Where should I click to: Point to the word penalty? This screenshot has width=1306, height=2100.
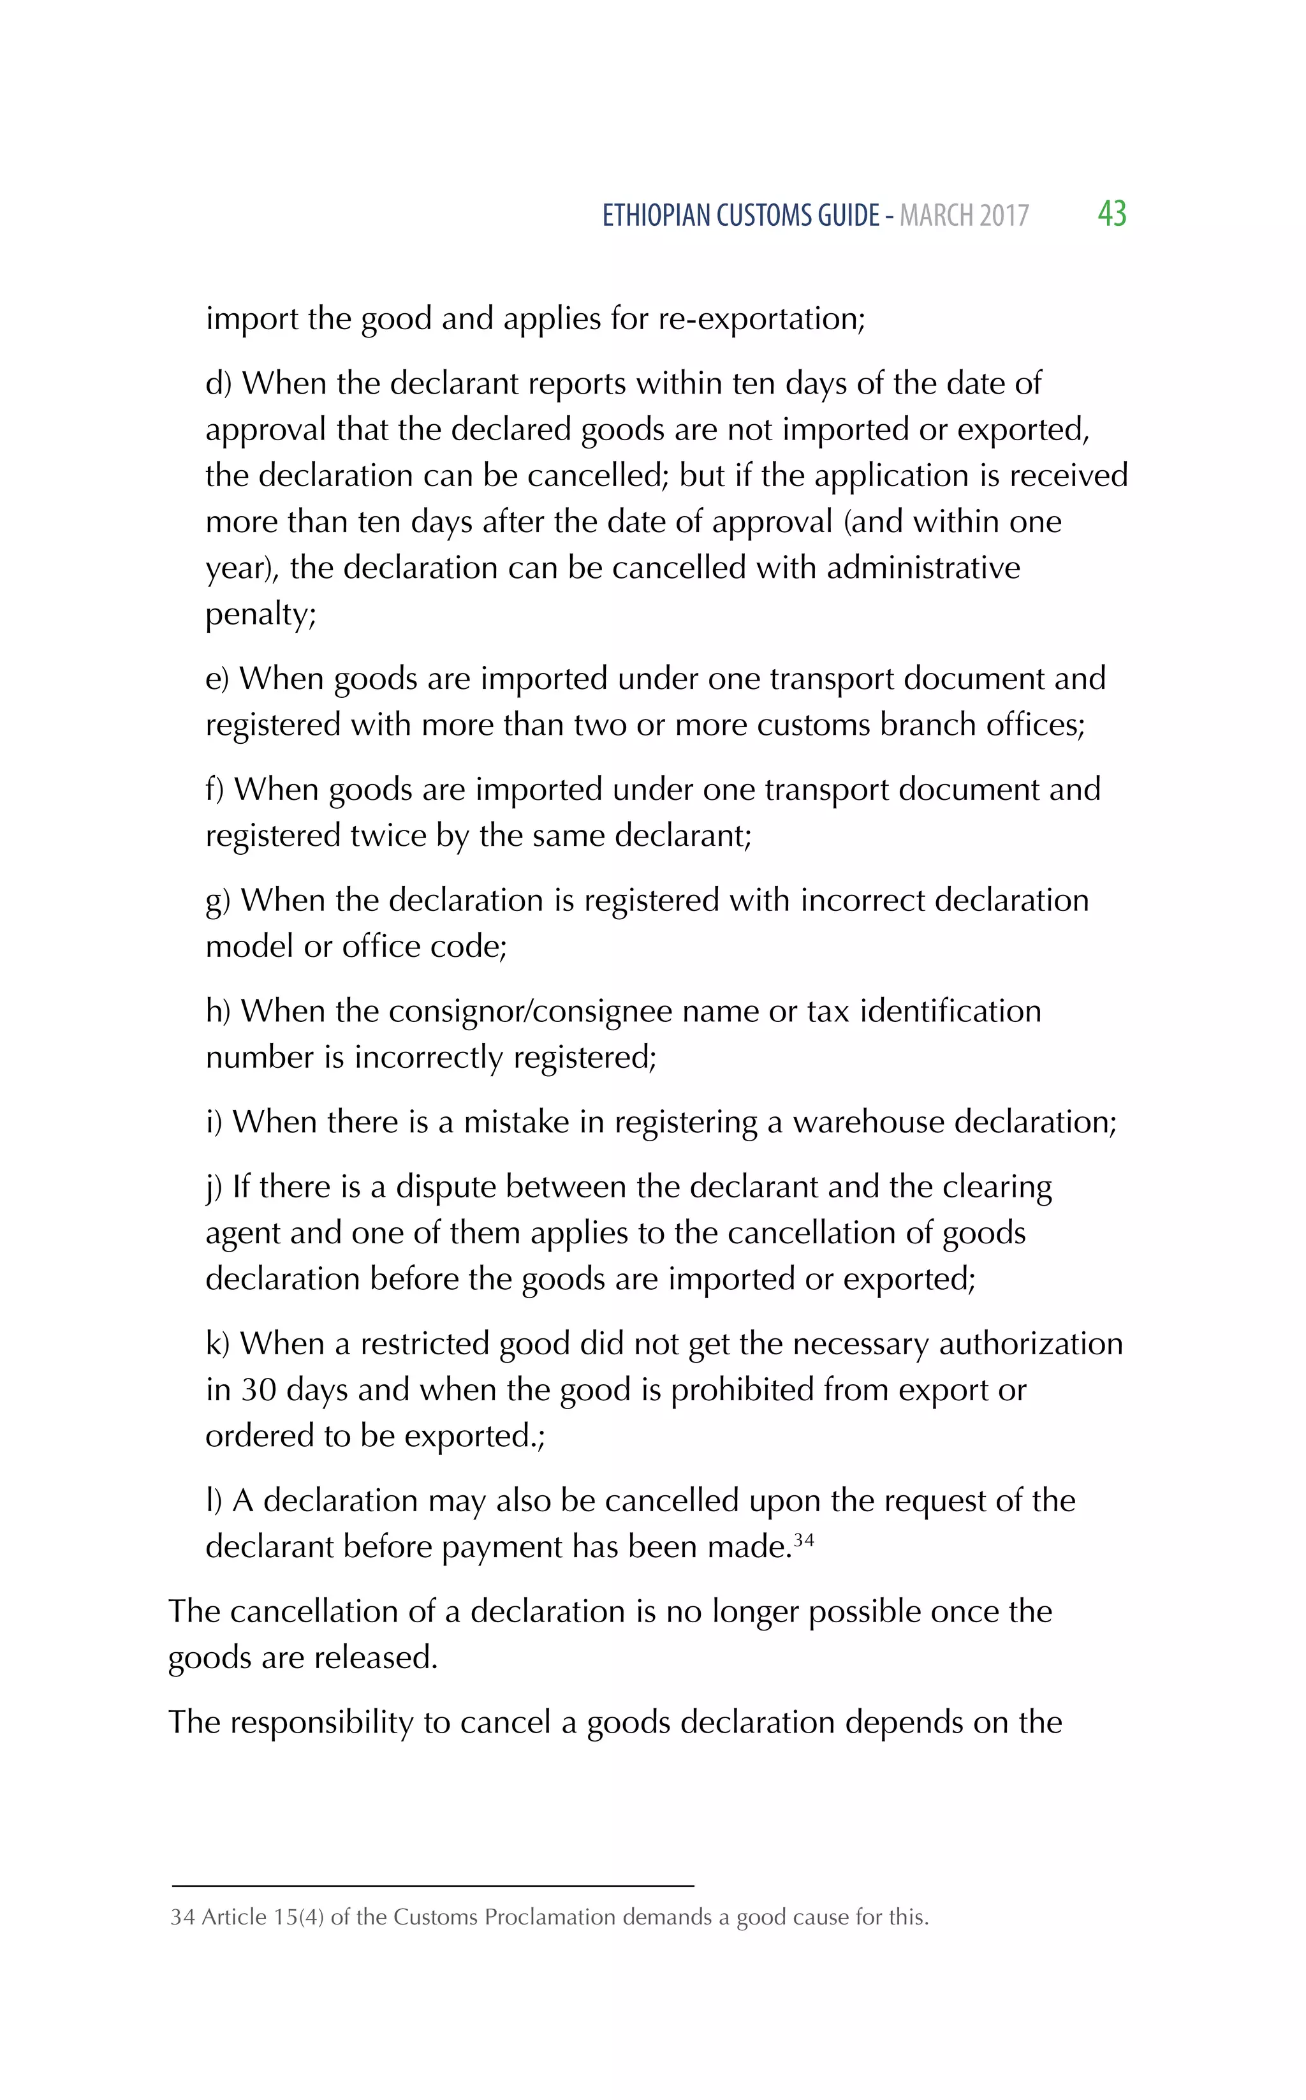[261, 614]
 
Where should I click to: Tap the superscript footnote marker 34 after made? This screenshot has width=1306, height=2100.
[803, 1539]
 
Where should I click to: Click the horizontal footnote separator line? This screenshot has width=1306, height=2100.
[432, 1886]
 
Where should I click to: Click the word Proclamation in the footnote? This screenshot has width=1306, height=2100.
[549, 1917]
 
